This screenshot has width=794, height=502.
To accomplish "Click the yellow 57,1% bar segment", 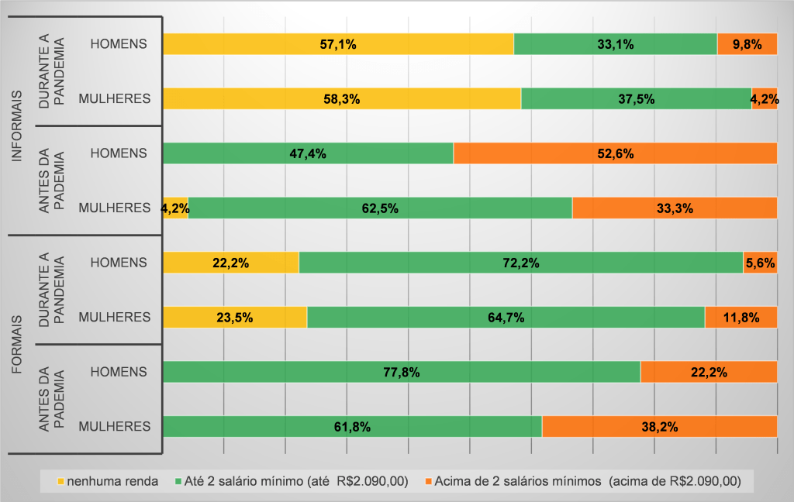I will [338, 44].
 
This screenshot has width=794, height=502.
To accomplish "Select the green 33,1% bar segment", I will [615, 44].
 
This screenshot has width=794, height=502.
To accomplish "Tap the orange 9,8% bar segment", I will [747, 44].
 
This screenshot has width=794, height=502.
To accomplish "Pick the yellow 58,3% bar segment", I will [341, 99].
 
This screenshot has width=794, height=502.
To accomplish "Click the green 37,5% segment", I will [636, 99].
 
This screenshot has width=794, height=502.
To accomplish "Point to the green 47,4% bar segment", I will [308, 153].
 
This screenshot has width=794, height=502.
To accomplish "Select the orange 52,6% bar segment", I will [615, 153].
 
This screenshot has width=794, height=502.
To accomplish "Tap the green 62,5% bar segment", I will [380, 208].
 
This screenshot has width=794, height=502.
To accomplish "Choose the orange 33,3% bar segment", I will [675, 208].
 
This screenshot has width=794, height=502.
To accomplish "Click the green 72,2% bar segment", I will [521, 263].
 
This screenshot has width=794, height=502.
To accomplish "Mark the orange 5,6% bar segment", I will [760, 263].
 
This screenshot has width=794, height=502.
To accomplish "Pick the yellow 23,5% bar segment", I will [234, 317].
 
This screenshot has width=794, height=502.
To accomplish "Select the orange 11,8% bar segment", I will [740, 317].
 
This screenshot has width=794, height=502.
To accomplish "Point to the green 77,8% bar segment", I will [402, 372].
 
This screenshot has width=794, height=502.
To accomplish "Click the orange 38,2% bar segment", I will [659, 426].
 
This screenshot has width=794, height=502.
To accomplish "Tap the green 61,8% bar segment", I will [352, 426].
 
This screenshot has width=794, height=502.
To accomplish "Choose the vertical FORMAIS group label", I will [17, 345].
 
